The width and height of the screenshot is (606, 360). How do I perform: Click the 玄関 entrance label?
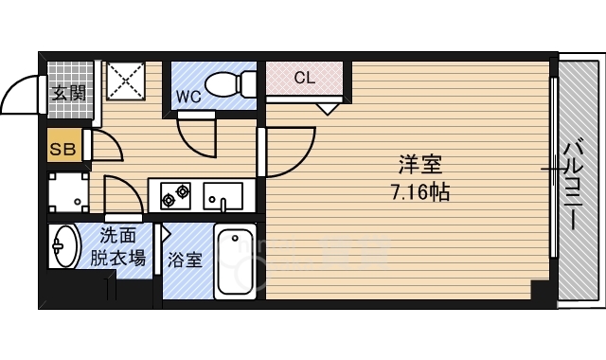[67, 93]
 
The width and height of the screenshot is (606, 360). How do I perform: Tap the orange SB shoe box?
[63, 149]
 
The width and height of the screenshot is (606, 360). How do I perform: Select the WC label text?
[187, 96]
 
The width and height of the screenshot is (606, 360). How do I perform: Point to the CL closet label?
[303, 77]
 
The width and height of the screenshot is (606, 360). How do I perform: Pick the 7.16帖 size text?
[420, 192]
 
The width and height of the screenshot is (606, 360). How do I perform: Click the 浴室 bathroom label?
[185, 260]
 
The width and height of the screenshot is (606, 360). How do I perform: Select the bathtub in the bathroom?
[235, 262]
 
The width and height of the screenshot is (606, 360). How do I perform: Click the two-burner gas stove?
[175, 196]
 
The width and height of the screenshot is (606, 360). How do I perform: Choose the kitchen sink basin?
[223, 196]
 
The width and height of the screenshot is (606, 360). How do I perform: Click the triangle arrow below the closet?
[328, 108]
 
